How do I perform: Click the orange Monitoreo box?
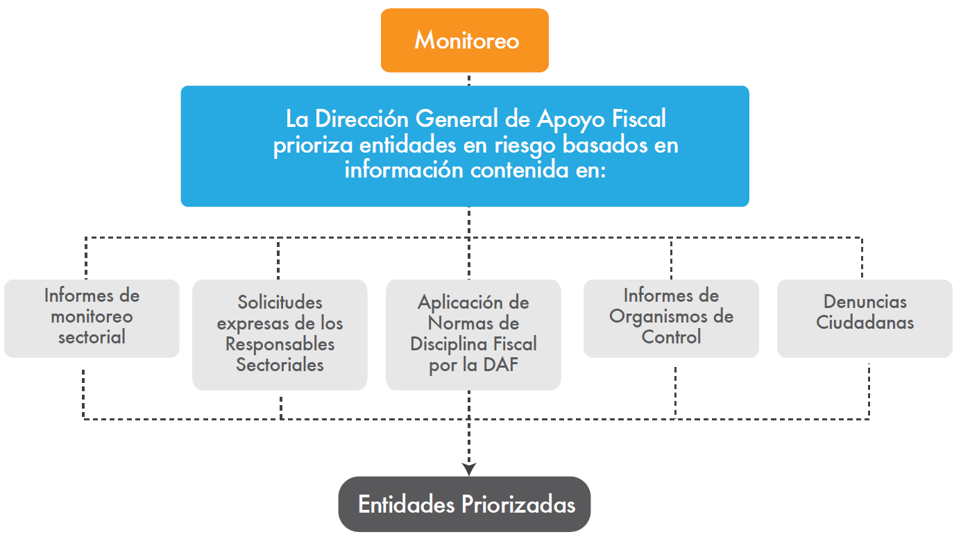click(x=465, y=40)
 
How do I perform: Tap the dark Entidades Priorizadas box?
click(x=464, y=504)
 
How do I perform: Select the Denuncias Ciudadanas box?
click(x=865, y=318)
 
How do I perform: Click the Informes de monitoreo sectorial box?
click(x=92, y=318)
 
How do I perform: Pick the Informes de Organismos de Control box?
click(x=671, y=318)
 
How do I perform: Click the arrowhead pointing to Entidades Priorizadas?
click(x=469, y=469)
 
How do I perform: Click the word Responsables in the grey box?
click(x=280, y=344)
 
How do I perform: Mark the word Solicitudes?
click(x=280, y=302)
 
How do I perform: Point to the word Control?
click(x=671, y=337)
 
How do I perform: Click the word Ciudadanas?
click(x=865, y=323)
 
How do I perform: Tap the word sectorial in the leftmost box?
click(x=92, y=337)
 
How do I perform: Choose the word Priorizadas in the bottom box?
click(x=519, y=504)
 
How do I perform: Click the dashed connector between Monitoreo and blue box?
click(x=469, y=79)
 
